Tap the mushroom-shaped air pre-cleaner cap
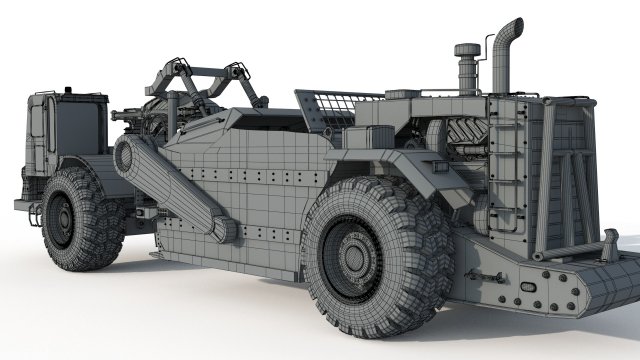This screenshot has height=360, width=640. click(x=467, y=50)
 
